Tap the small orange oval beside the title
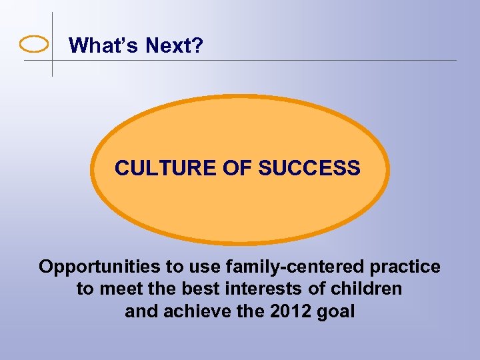click(x=34, y=45)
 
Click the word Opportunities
click(x=100, y=267)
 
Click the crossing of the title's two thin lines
click(x=52, y=61)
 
